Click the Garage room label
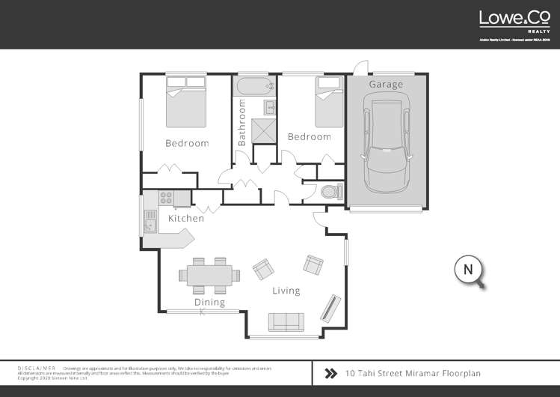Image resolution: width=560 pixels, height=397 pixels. (385, 85)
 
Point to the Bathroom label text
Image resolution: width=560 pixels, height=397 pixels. (242, 124)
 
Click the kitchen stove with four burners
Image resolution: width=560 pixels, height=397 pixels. (166, 198)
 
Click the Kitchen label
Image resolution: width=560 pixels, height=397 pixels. (185, 218)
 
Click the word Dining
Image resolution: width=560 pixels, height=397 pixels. (209, 303)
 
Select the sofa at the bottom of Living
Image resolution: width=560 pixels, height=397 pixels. (286, 321)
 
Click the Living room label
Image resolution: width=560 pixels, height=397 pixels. (286, 291)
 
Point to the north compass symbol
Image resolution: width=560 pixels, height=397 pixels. (470, 270)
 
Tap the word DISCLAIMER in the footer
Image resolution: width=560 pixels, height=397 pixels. (37, 369)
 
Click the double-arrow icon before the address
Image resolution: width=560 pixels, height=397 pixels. (330, 372)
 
